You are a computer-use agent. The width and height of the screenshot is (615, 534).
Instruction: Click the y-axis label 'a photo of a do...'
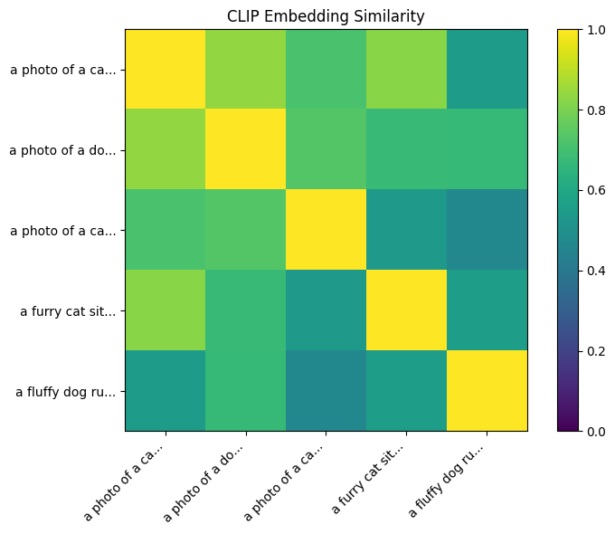tap(62, 150)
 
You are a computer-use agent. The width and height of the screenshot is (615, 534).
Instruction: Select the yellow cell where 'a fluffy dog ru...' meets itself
tap(487, 392)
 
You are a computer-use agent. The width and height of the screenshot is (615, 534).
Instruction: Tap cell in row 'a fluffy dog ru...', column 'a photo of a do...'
tap(246, 392)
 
